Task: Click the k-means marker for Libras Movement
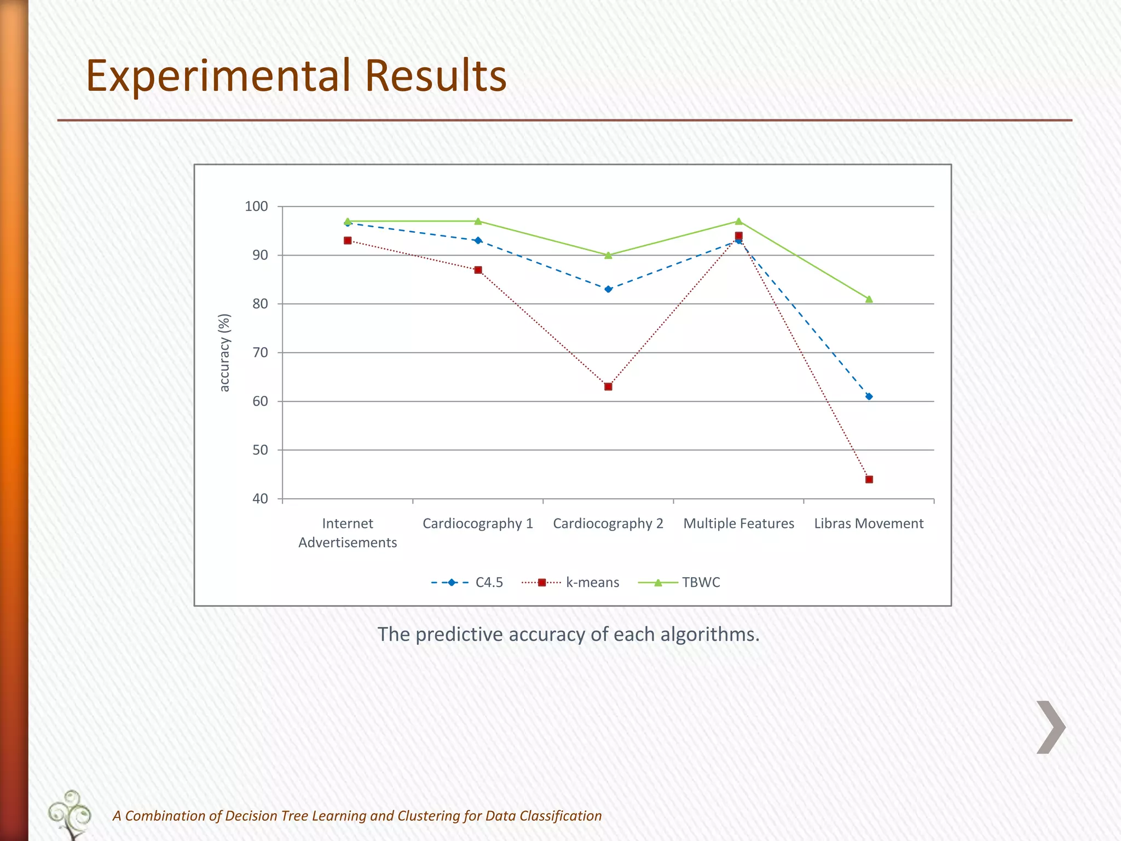pos(869,479)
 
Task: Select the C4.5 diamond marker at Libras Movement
pos(869,396)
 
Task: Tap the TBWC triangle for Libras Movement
pos(869,299)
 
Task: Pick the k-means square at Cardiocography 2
pos(608,387)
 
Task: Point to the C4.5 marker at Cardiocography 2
pos(608,289)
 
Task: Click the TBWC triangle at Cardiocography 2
pos(608,255)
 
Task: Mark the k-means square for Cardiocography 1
pos(478,270)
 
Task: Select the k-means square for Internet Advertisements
pos(348,240)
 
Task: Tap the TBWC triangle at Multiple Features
pos(738,221)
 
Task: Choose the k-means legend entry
pos(571,582)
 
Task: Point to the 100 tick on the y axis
pos(256,206)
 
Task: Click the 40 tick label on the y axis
pos(260,499)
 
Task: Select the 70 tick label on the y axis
pos(260,353)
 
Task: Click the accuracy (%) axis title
pos(224,353)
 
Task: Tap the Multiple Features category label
pos(738,523)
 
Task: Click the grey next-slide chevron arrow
pos(1050,727)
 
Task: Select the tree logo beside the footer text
pos(70,814)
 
